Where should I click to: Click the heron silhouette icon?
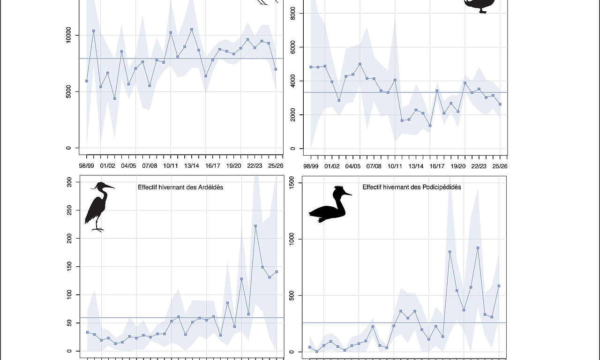pyautogui.click(x=99, y=207)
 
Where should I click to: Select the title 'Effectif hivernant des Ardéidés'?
pyautogui.click(x=180, y=187)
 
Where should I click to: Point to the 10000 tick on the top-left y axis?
pyautogui.click(x=68, y=35)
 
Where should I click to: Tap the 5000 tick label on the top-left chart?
pyautogui.click(x=68, y=92)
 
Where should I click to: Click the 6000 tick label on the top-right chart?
pyautogui.click(x=292, y=47)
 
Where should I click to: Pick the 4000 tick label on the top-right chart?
pyautogui.click(x=292, y=81)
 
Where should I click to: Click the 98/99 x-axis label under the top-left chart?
pyautogui.click(x=87, y=166)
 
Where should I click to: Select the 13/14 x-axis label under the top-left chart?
pyautogui.click(x=192, y=166)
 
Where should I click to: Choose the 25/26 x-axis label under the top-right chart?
pyautogui.click(x=500, y=166)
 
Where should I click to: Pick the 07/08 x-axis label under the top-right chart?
pyautogui.click(x=374, y=166)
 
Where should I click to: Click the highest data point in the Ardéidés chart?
pyautogui.click(x=255, y=226)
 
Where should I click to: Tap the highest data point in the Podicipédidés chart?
pyautogui.click(x=478, y=248)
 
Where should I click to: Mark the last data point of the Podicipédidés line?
pyautogui.click(x=499, y=286)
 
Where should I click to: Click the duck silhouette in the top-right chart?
pyautogui.click(x=479, y=5)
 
